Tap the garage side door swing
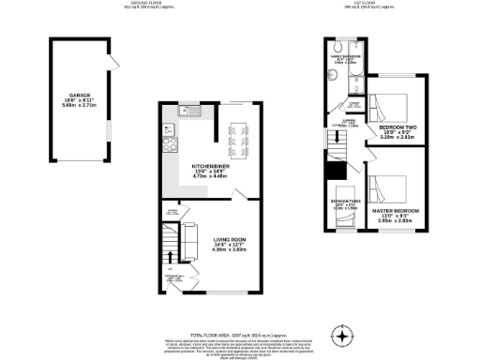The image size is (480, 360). [114, 61]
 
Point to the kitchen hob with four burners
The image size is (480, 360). [171, 143]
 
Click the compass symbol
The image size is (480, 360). [344, 336]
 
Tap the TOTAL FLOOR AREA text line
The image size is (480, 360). [239, 335]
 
